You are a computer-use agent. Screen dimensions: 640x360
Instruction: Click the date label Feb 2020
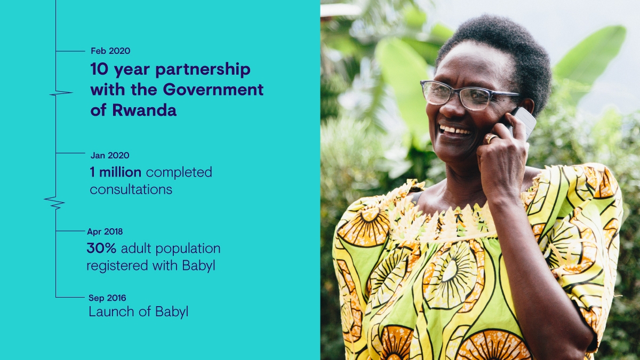click(110, 51)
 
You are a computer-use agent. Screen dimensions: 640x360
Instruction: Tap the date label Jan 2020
click(110, 155)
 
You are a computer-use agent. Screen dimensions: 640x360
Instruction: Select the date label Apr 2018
click(105, 231)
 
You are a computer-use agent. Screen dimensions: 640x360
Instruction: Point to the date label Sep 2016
click(107, 298)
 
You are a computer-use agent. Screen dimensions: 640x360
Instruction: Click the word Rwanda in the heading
click(145, 110)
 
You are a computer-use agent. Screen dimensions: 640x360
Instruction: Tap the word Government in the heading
click(213, 90)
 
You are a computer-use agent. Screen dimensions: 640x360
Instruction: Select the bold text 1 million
click(115, 172)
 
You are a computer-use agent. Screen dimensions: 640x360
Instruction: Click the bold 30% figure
click(101, 248)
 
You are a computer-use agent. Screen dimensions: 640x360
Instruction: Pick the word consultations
click(131, 189)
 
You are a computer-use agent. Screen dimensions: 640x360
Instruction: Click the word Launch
click(111, 311)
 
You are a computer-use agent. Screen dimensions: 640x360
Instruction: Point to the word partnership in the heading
click(203, 70)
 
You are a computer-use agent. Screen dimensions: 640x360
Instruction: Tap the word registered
click(117, 266)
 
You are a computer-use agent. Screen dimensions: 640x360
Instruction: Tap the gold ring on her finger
click(491, 139)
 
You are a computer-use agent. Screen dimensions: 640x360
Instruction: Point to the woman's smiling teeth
click(454, 130)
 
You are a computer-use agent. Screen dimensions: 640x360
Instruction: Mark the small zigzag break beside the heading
click(61, 93)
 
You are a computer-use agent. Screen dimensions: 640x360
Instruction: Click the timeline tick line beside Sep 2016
click(70, 298)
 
